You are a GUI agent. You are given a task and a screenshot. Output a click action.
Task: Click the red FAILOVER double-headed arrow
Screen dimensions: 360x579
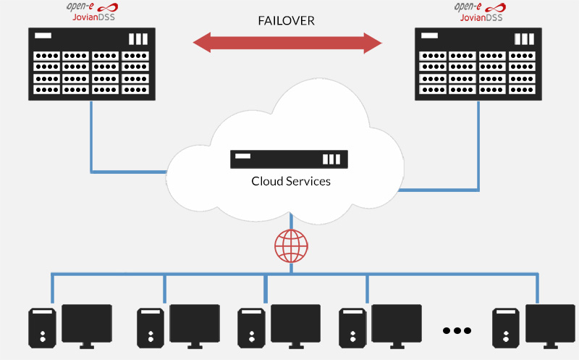[x=287, y=43]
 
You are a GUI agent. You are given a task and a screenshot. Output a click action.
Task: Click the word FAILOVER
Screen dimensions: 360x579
[x=287, y=20]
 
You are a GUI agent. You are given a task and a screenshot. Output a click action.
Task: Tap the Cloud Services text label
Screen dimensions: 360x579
[x=291, y=181]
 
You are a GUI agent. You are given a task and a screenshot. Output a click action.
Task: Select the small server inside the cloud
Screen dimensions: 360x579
[x=289, y=159]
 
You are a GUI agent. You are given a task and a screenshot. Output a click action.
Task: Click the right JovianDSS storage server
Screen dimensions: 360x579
[x=478, y=64]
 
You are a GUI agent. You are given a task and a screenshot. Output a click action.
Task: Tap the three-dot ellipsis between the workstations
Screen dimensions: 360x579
[x=457, y=330]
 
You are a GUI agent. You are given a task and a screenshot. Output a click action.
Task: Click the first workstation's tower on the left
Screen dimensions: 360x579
[x=43, y=327]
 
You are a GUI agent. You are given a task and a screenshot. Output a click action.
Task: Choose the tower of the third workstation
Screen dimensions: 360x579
[x=252, y=327]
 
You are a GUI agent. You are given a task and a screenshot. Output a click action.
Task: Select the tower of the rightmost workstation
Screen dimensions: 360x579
[x=506, y=327]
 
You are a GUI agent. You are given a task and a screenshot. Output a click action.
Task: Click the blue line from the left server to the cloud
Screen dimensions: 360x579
[x=91, y=145]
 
